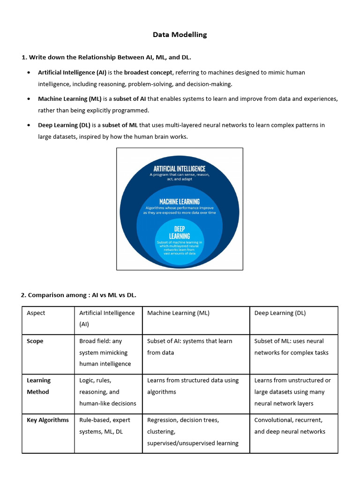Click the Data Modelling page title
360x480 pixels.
[180, 35]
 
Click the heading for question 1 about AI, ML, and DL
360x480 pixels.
[106, 57]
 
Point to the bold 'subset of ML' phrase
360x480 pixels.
[120, 125]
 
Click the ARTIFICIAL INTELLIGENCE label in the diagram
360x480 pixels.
[180, 169]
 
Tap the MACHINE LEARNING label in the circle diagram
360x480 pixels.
[180, 202]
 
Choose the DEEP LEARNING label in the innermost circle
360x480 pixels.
[180, 232]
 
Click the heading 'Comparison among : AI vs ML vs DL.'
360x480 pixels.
[78, 295]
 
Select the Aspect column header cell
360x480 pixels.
[36, 313]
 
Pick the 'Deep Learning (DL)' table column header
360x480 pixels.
[280, 313]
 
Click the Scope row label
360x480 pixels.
[35, 341]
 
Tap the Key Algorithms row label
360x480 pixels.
[48, 420]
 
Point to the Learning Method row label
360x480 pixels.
[38, 386]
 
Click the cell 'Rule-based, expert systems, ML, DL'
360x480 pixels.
[105, 426]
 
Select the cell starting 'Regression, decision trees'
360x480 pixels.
[193, 431]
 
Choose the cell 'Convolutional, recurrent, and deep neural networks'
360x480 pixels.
[290, 426]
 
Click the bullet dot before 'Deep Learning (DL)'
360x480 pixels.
[29, 125]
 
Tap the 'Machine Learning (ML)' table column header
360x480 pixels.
[179, 313]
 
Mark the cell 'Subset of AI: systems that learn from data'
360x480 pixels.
[189, 347]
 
